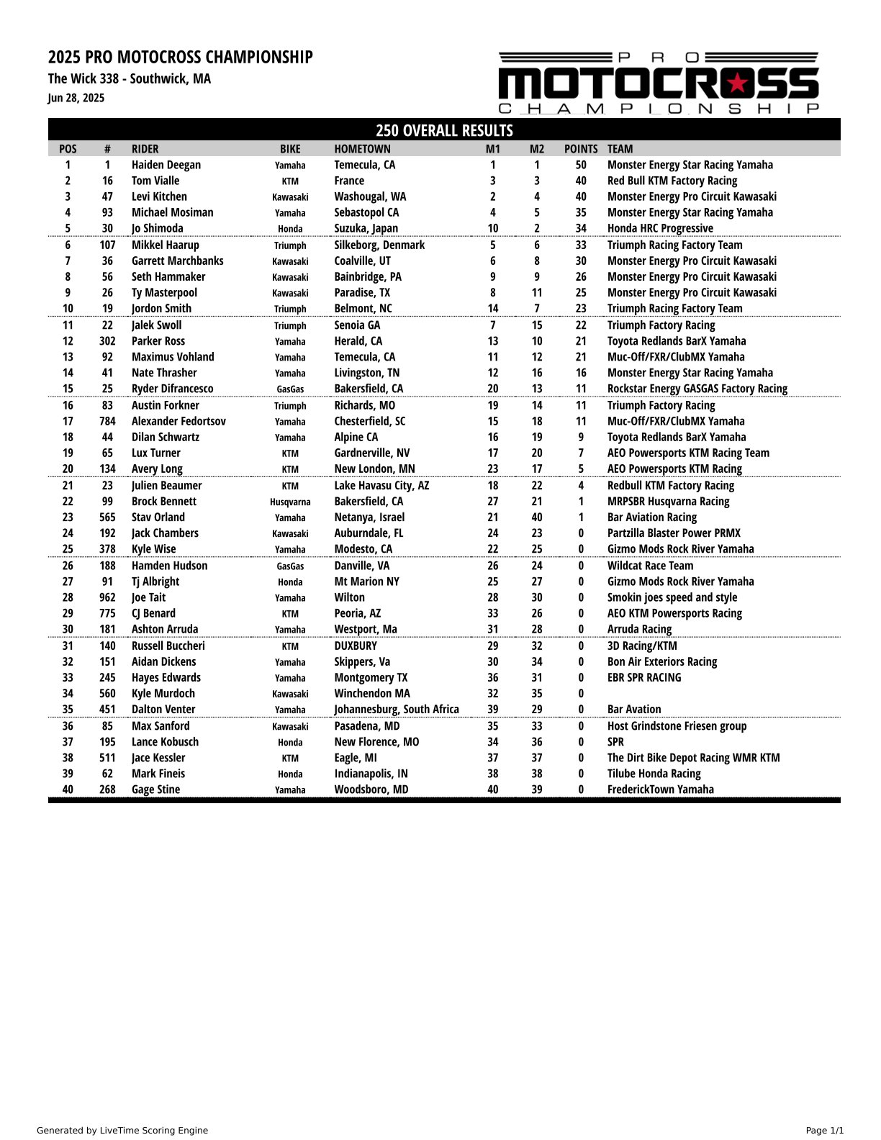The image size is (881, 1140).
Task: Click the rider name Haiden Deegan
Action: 166,165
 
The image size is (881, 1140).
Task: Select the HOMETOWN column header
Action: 362,149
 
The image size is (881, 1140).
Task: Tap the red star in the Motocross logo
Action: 737,83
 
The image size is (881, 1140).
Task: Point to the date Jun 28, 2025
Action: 76,98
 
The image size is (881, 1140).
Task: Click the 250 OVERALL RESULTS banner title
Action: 444,130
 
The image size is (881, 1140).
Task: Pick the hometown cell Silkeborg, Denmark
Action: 379,245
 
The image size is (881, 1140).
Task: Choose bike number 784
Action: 107,421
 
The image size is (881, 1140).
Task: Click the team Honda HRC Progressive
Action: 660,228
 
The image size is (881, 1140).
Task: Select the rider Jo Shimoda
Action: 157,228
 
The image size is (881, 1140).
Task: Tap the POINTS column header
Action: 581,149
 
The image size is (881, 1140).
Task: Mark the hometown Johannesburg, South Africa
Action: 397,709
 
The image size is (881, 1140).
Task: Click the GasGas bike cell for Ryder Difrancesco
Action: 290,389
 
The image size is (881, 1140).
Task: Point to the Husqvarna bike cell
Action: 290,502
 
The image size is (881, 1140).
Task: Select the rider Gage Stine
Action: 155,790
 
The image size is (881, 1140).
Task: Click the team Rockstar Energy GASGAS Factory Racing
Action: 697,389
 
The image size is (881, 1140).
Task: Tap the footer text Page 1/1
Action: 824,1131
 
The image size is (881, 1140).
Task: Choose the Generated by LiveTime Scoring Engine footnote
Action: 122,1131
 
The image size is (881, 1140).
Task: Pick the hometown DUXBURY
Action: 356,646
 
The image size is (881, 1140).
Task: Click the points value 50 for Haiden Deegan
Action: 581,165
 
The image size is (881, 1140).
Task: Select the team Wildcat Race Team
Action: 650,566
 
